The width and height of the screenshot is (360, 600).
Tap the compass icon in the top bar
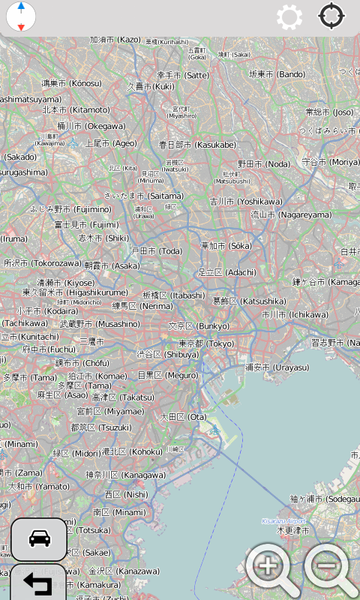(21, 16)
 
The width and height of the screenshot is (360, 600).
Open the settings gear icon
(289, 16)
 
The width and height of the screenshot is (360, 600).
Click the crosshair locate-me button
(332, 16)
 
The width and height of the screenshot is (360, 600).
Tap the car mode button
(39, 538)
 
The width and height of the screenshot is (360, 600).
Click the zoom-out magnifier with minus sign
(329, 568)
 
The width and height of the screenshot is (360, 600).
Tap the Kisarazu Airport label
(283, 520)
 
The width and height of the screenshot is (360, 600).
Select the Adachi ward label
(226, 272)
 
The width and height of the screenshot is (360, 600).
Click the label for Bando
(277, 74)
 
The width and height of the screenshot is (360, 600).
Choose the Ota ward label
(183, 417)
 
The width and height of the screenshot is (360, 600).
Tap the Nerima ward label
(142, 306)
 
